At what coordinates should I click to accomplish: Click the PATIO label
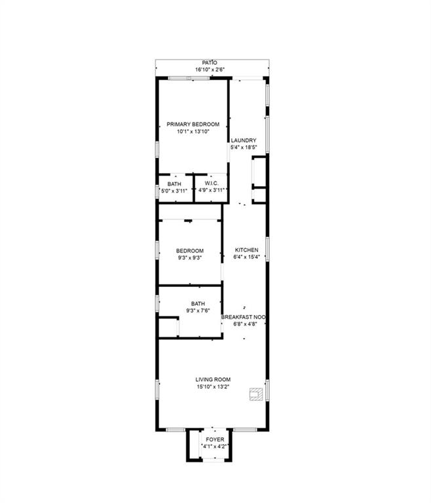[x=210, y=63]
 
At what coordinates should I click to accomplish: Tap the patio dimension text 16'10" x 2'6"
[x=210, y=69]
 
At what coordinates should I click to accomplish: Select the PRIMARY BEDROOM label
[x=193, y=124]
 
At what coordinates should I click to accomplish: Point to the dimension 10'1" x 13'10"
[x=193, y=132]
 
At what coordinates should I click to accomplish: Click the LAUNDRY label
[x=244, y=140]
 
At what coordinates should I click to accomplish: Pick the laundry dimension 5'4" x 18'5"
[x=244, y=147]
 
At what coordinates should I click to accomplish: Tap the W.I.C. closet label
[x=212, y=183]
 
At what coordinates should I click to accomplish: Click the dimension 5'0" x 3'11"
[x=174, y=191]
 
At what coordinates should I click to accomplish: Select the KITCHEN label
[x=246, y=250]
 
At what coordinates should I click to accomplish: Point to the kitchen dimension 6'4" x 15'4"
[x=246, y=257]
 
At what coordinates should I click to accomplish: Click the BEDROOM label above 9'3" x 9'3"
[x=190, y=251]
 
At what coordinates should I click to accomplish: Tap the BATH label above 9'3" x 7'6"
[x=198, y=303]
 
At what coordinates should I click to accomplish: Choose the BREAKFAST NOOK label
[x=243, y=317]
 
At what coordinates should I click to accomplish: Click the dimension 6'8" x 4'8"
[x=245, y=324]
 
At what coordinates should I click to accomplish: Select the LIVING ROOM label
[x=213, y=379]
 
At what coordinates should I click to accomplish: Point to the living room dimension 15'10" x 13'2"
[x=213, y=387]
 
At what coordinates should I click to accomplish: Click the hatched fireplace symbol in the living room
[x=256, y=394]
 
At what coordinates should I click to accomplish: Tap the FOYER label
[x=215, y=439]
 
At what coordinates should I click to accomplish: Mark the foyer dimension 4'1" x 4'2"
[x=215, y=447]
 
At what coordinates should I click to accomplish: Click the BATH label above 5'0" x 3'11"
[x=174, y=184]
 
